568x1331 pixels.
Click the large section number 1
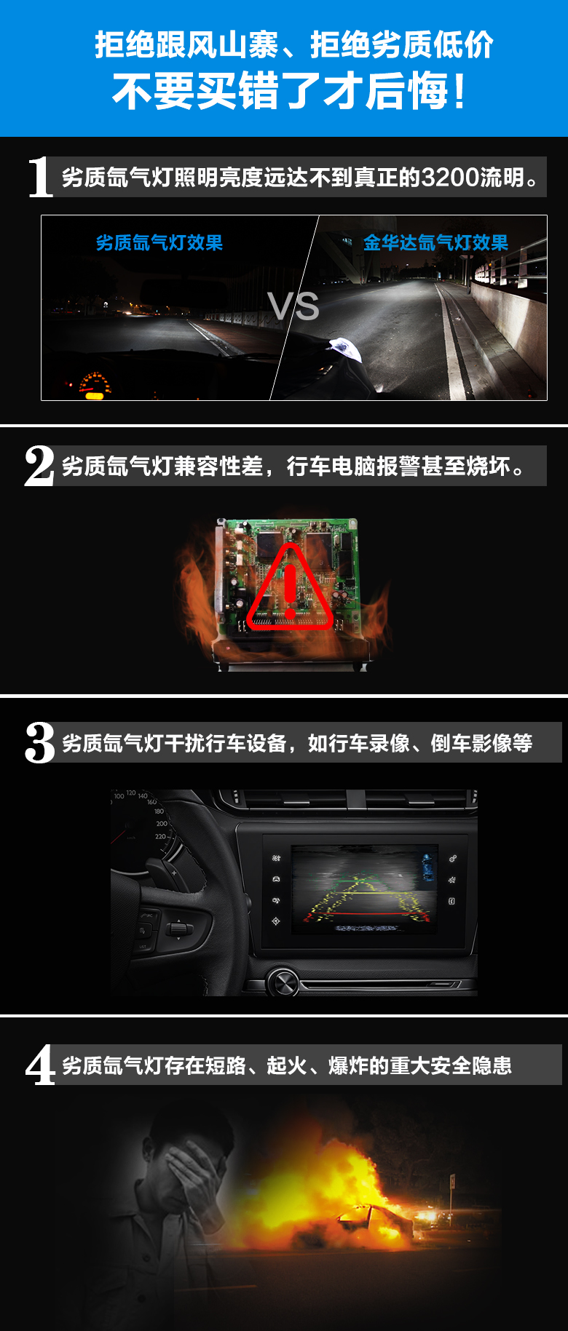pyautogui.click(x=40, y=177)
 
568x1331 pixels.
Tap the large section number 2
pyautogui.click(x=39, y=466)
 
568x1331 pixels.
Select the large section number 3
pyautogui.click(x=39, y=743)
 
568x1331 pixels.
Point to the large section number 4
pyautogui.click(x=40, y=1065)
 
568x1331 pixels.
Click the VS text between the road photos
pyautogui.click(x=293, y=306)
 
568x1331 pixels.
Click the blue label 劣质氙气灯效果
pyautogui.click(x=159, y=242)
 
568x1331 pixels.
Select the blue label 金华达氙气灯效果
pyautogui.click(x=435, y=242)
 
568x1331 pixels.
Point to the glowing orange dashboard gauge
pyautogui.click(x=95, y=384)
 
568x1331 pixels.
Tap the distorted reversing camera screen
pyautogui.click(x=364, y=889)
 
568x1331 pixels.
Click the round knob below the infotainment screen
pyautogui.click(x=283, y=983)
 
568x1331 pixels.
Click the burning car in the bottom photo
pyautogui.click(x=371, y=1219)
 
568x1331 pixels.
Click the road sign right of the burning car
pyautogui.click(x=452, y=1180)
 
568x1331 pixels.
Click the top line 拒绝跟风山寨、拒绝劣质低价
pyautogui.click(x=293, y=45)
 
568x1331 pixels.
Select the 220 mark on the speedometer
pyautogui.click(x=160, y=836)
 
